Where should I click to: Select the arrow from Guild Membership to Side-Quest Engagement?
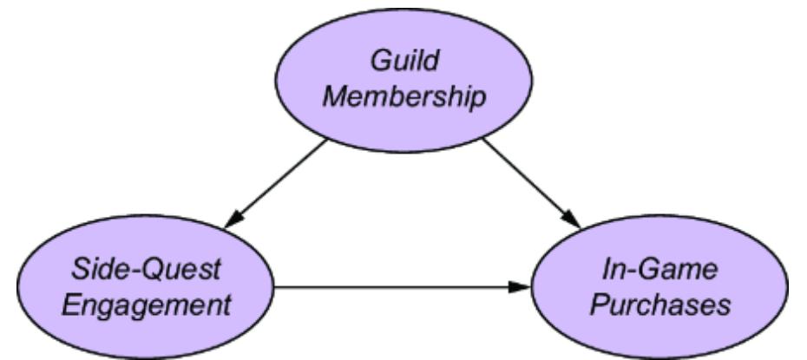pos(276,182)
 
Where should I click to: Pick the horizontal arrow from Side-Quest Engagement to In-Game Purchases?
pos(399,285)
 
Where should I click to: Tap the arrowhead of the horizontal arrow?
pos(521,285)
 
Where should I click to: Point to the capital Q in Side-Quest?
pos(158,271)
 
